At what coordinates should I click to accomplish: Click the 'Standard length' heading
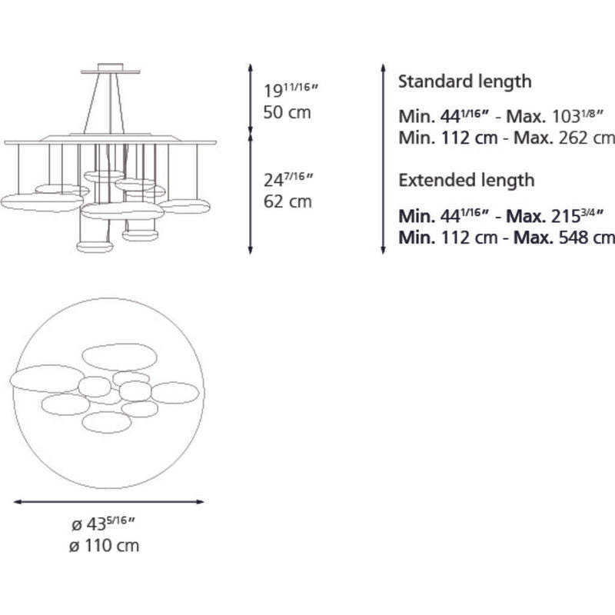pos(465,82)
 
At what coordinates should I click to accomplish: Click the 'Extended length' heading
pos(467,181)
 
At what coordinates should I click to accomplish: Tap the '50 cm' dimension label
pos(287,112)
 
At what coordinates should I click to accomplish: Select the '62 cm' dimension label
pos(288,201)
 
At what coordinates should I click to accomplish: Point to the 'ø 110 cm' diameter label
pos(104,546)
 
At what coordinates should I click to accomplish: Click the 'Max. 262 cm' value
pos(564,138)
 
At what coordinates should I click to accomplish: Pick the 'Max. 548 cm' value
pos(564,238)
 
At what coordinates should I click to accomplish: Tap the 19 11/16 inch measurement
pos(290,90)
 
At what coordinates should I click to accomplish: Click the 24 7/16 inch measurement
pos(288,179)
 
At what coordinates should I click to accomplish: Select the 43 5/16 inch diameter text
pos(104,524)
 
